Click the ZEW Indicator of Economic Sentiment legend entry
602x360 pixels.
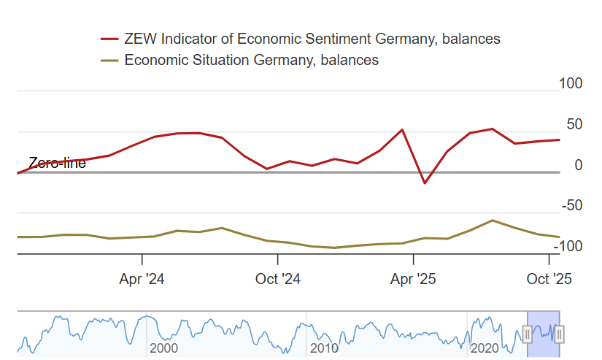pyautogui.click(x=312, y=39)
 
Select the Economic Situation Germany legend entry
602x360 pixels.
pyautogui.click(x=252, y=60)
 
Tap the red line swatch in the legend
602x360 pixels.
pyautogui.click(x=109, y=39)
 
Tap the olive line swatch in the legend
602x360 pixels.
pyautogui.click(x=109, y=60)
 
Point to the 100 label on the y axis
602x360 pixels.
pyautogui.click(x=571, y=83)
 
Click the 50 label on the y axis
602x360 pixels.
pyautogui.click(x=574, y=124)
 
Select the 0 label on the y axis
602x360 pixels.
pyautogui.click(x=579, y=165)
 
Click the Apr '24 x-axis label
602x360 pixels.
pyautogui.click(x=142, y=279)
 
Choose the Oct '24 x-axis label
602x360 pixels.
pyautogui.click(x=278, y=279)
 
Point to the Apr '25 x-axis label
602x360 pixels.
pyautogui.click(x=414, y=279)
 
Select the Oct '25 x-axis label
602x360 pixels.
pyautogui.click(x=549, y=279)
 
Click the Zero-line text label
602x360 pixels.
pyautogui.click(x=57, y=163)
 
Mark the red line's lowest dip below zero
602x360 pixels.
pyautogui.click(x=425, y=183)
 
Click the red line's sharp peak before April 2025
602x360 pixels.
pyautogui.click(x=403, y=130)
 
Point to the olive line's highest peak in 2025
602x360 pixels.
pyautogui.click(x=493, y=220)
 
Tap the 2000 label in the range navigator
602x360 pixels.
pyautogui.click(x=163, y=348)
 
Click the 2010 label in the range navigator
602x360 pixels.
pyautogui.click(x=324, y=348)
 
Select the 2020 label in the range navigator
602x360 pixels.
pyautogui.click(x=484, y=348)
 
